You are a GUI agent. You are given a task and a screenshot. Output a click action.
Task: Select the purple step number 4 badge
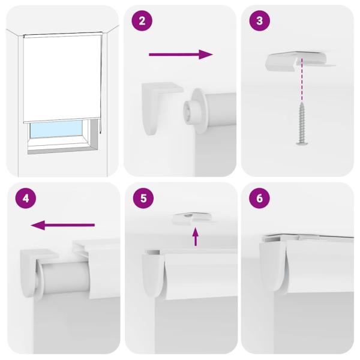tap(22, 197)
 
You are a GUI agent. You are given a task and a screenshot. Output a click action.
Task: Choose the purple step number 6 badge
tap(259, 197)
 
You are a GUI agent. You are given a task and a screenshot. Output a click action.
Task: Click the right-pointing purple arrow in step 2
tap(181, 55)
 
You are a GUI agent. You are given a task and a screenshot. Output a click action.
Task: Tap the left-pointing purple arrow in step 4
tap(63, 225)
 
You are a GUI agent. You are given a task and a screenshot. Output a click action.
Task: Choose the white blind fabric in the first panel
tap(60, 75)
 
